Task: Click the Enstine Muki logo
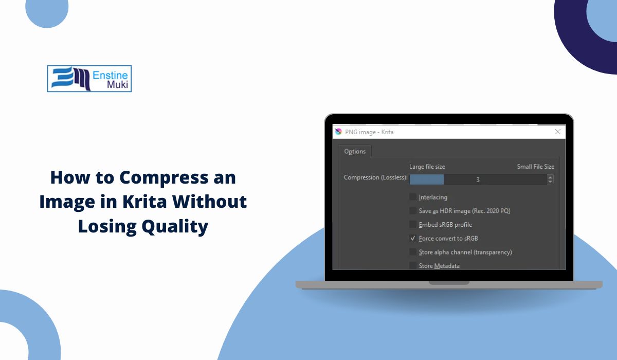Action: pos(89,79)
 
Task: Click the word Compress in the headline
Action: pos(164,177)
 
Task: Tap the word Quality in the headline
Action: pos(175,227)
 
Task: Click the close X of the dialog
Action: pos(558,132)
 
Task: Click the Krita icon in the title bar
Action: pos(338,132)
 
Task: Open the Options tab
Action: pos(355,151)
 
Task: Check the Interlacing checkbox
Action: pos(412,197)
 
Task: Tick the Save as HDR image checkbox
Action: pos(412,211)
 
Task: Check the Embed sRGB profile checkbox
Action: pos(412,224)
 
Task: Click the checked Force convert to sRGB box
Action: pos(412,238)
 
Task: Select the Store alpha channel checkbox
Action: pos(412,252)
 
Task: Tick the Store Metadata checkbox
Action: pos(412,265)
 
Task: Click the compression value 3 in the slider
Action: pos(478,180)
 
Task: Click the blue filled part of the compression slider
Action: pos(427,179)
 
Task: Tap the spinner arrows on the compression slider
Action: pos(550,179)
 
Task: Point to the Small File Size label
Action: pos(535,167)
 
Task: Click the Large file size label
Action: pos(427,167)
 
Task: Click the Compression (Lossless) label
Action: pos(375,177)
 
